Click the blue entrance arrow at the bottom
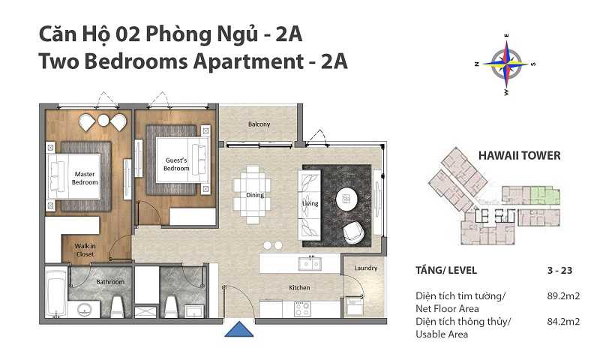pos(238,330)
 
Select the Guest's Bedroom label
pos(176,164)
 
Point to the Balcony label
pos(259,124)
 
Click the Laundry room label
pos(366,268)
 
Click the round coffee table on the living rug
pos(346,197)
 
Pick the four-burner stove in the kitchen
pos(304,307)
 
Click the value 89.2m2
pos(564,296)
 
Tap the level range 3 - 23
pos(562,270)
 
